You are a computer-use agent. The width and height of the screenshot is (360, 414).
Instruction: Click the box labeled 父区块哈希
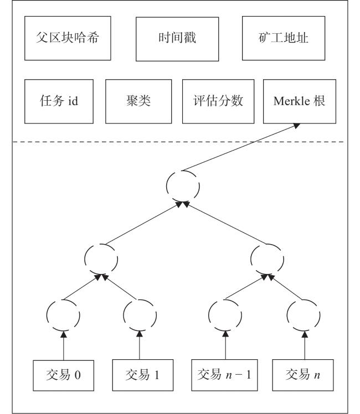click(x=68, y=38)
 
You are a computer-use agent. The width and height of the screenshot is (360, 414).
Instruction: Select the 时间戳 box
click(x=177, y=39)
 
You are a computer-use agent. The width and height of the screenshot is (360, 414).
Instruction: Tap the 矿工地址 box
click(x=284, y=38)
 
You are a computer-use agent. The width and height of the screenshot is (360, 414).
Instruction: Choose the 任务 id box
click(x=59, y=101)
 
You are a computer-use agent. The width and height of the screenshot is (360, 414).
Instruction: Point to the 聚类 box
click(x=138, y=101)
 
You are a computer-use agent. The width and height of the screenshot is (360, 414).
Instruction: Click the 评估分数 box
click(x=218, y=101)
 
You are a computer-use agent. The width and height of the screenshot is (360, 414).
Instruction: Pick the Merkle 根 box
click(x=300, y=101)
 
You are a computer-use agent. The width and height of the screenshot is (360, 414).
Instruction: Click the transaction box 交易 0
click(x=63, y=375)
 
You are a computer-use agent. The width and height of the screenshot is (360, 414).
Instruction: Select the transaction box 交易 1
click(x=143, y=375)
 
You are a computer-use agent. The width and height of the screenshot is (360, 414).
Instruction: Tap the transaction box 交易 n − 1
click(x=224, y=375)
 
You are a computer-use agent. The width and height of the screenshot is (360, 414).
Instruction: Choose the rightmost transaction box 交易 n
click(x=303, y=375)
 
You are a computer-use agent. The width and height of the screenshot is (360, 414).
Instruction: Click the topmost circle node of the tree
click(x=167, y=186)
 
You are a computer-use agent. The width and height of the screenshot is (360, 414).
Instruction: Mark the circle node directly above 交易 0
click(x=47, y=315)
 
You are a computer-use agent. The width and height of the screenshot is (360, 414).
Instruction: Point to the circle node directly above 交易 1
click(x=124, y=315)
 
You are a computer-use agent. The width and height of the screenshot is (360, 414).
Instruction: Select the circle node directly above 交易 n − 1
click(x=209, y=315)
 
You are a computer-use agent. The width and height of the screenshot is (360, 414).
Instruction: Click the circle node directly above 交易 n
click(x=287, y=315)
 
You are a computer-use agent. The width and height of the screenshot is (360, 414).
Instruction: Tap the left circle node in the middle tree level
click(x=85, y=259)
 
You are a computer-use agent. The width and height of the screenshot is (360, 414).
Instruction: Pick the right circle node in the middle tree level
click(x=251, y=259)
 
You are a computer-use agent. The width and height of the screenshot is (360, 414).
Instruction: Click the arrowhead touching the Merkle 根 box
click(x=297, y=126)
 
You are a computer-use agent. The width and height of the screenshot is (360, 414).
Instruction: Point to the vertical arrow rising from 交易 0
click(x=63, y=345)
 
